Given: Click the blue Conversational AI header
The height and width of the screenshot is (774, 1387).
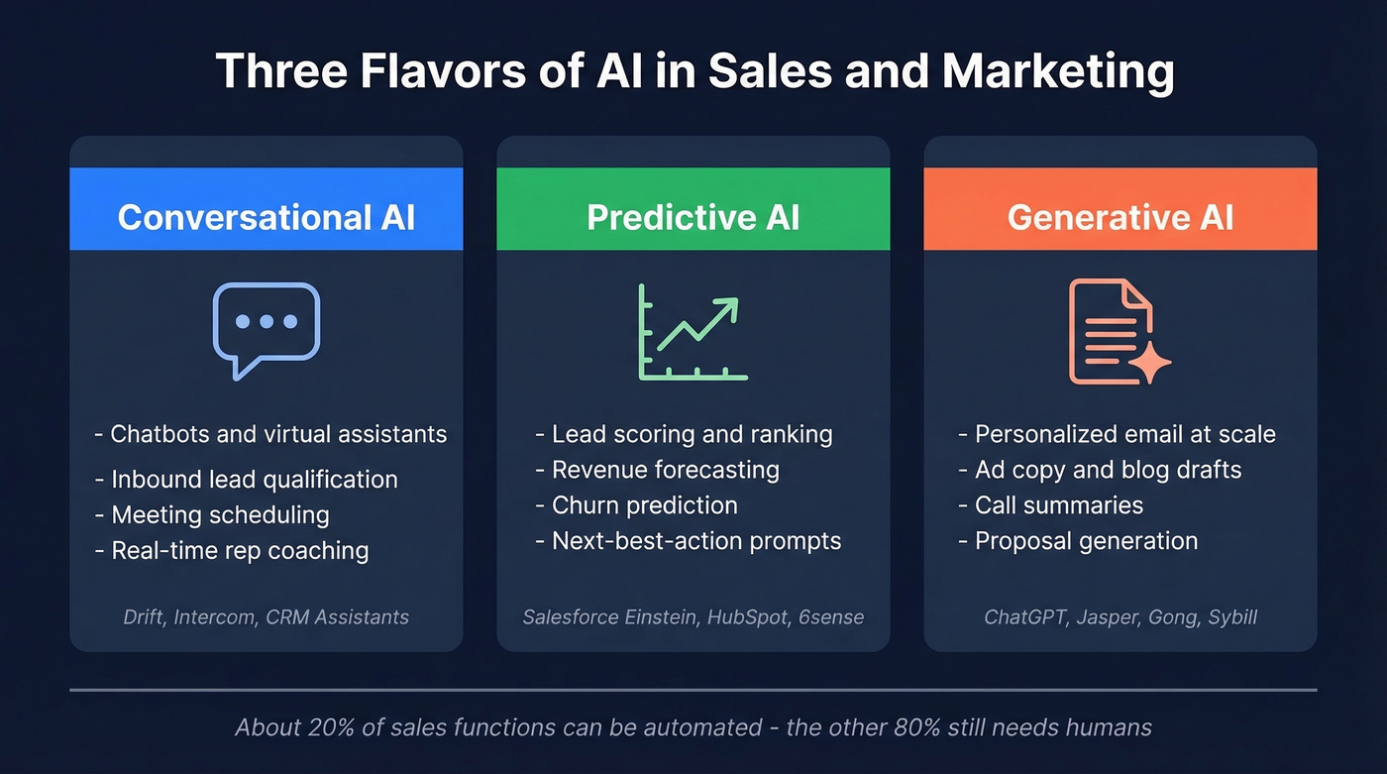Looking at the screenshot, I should (x=266, y=217).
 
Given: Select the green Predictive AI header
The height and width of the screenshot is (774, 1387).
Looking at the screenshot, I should (x=693, y=217).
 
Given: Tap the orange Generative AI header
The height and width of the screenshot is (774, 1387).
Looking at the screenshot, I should (x=1120, y=217).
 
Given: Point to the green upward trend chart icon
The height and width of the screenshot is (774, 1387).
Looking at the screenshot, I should (x=693, y=332).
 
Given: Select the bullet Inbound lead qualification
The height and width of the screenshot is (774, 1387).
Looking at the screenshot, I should (x=254, y=480).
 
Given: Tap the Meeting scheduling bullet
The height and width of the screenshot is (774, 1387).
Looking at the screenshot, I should (x=220, y=515).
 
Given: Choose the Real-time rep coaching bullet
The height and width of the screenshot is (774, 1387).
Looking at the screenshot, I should (x=240, y=551).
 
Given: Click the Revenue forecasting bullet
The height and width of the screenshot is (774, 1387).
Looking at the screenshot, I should (x=665, y=470).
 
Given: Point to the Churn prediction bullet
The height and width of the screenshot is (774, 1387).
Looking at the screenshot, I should (x=644, y=505).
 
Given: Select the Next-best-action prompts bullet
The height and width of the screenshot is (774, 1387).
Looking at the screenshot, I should (x=695, y=541).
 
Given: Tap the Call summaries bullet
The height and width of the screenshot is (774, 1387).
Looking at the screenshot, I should (x=1058, y=505).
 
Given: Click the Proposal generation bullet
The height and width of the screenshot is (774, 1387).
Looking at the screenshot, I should (x=1086, y=541).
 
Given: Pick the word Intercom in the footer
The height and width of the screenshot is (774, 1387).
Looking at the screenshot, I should (x=216, y=617).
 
